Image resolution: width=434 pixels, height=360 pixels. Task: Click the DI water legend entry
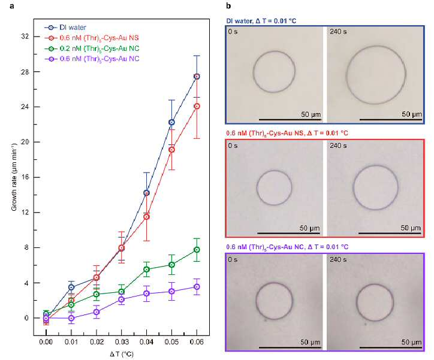[65, 28]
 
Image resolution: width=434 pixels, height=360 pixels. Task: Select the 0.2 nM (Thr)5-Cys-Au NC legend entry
[92, 49]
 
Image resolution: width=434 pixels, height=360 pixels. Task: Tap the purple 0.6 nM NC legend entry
[92, 59]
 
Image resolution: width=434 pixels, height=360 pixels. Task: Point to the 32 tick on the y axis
[25, 37]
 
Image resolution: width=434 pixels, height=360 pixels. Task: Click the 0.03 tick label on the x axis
[121, 342]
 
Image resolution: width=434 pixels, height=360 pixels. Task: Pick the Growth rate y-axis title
[14, 177]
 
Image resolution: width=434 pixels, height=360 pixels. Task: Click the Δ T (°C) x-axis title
[122, 354]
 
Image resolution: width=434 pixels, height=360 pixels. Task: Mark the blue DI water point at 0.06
[197, 77]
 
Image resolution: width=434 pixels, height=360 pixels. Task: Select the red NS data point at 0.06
[197, 106]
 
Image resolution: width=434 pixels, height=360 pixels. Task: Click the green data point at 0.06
[197, 250]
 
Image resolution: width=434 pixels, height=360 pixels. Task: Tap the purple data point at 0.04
[146, 294]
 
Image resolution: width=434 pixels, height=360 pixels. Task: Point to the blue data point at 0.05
[171, 122]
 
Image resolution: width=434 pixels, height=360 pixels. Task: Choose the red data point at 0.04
[146, 217]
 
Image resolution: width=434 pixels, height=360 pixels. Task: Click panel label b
[228, 6]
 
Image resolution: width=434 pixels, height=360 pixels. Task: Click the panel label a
[11, 6]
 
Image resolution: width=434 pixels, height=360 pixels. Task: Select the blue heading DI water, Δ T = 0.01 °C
[261, 21]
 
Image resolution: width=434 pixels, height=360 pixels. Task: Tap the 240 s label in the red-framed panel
[338, 146]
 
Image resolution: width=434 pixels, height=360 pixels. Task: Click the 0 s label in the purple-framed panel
[233, 259]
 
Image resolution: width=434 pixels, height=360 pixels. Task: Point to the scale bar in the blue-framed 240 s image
[391, 120]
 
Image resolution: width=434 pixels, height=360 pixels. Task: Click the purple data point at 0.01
[71, 318]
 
